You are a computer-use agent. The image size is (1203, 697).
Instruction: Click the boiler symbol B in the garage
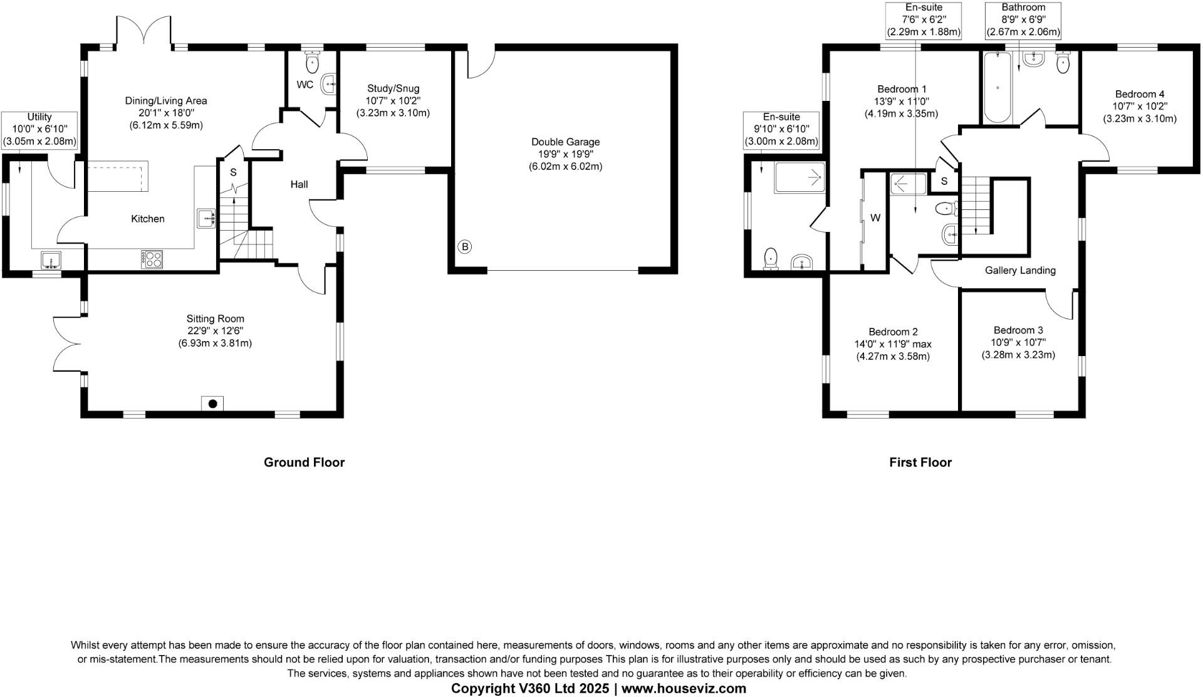pyautogui.click(x=464, y=246)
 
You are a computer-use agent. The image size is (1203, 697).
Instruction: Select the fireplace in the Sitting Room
pyautogui.click(x=212, y=404)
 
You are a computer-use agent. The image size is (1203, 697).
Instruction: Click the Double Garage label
pyautogui.click(x=565, y=142)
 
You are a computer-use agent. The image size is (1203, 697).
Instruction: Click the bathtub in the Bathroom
pyautogui.click(x=997, y=88)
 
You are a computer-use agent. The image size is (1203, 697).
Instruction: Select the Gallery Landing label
pyautogui.click(x=1020, y=270)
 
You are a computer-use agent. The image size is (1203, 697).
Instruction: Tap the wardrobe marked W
pyautogui.click(x=875, y=218)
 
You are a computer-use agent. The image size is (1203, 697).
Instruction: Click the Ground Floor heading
pyautogui.click(x=304, y=463)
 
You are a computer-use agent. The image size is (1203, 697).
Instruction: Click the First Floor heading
pyautogui.click(x=920, y=463)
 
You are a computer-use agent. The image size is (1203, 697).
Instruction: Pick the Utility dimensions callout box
pyautogui.click(x=39, y=129)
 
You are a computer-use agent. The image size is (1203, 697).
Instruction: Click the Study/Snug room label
pyautogui.click(x=393, y=88)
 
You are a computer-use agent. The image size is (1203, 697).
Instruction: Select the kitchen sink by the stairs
pyautogui.click(x=207, y=219)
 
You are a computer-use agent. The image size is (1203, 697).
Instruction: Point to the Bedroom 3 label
pyautogui.click(x=1018, y=330)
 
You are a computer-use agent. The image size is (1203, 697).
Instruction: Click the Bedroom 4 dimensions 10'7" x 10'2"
pyautogui.click(x=1139, y=107)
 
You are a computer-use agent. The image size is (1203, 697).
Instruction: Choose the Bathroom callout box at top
pyautogui.click(x=1023, y=19)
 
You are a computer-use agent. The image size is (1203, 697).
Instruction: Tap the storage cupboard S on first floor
pyautogui.click(x=944, y=182)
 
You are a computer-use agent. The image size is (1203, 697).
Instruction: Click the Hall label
pyautogui.click(x=299, y=184)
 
